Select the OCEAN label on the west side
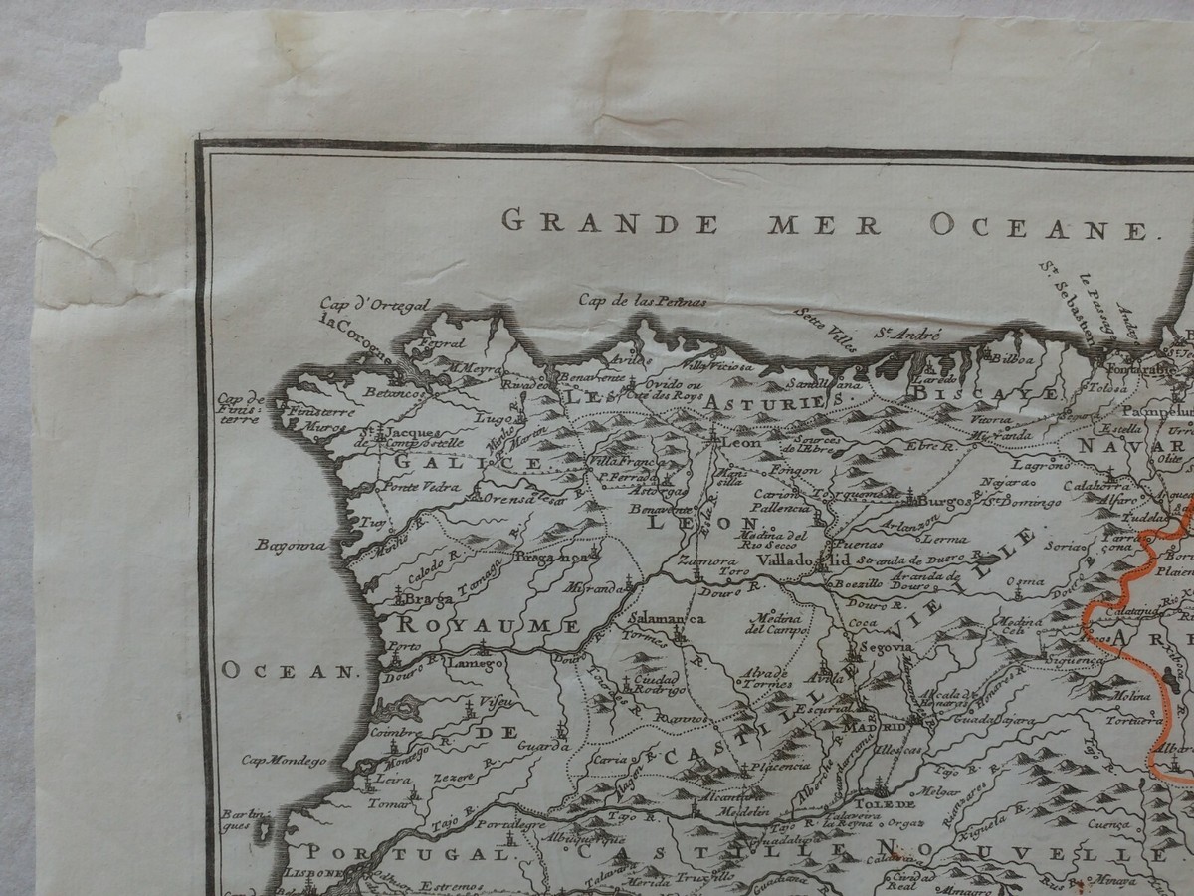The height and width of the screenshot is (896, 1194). (x=288, y=671)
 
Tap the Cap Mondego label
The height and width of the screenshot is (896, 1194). (x=284, y=761)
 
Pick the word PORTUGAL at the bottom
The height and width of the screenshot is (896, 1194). (x=408, y=853)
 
